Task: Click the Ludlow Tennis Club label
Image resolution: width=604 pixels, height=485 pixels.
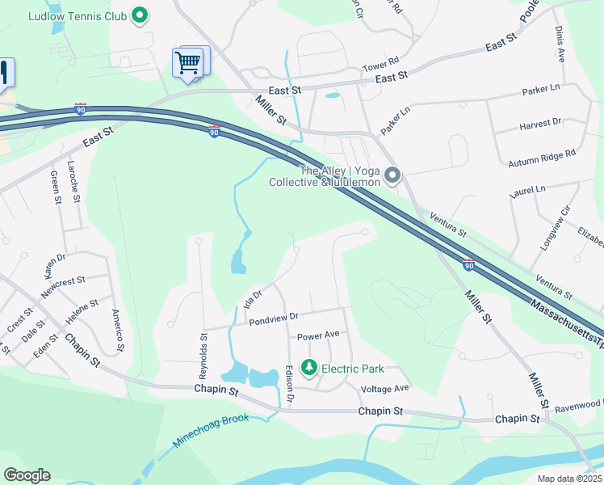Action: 78,15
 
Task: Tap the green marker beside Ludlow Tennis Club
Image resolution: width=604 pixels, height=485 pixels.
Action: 140,15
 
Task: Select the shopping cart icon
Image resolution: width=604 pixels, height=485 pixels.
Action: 187,61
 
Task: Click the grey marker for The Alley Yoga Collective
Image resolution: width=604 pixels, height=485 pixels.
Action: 393,175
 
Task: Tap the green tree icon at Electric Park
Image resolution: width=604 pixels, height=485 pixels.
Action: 308,369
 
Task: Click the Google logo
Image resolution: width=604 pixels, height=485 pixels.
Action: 27,475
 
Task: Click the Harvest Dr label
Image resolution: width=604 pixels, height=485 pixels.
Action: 540,124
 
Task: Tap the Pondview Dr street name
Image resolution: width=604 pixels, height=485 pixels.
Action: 274,318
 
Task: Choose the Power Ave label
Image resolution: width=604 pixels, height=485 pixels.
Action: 318,335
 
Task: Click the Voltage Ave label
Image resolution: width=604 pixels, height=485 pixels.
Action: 385,388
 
